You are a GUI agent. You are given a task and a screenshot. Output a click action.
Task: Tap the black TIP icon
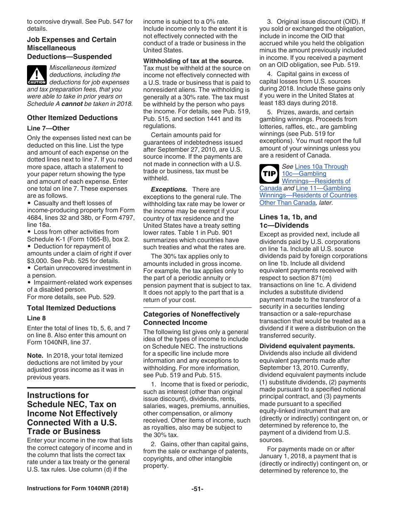(269, 174)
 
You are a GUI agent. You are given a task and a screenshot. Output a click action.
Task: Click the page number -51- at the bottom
(197, 489)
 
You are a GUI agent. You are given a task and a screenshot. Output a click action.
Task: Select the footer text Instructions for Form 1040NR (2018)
(77, 489)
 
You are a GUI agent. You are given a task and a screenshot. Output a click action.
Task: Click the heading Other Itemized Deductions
(72, 118)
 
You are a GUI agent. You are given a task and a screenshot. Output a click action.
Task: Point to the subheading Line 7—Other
(48, 128)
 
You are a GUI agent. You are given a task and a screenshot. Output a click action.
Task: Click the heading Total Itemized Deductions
(71, 308)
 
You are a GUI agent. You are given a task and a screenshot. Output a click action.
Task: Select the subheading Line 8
(36, 318)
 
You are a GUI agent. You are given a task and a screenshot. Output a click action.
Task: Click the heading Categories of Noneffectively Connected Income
(191, 318)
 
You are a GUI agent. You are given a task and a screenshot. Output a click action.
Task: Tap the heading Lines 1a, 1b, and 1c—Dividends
(288, 221)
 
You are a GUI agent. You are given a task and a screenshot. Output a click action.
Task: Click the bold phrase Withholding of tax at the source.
(193, 61)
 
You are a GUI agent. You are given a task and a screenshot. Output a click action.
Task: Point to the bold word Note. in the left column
(35, 356)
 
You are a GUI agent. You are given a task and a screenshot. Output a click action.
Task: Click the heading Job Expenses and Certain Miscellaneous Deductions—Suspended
(72, 48)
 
